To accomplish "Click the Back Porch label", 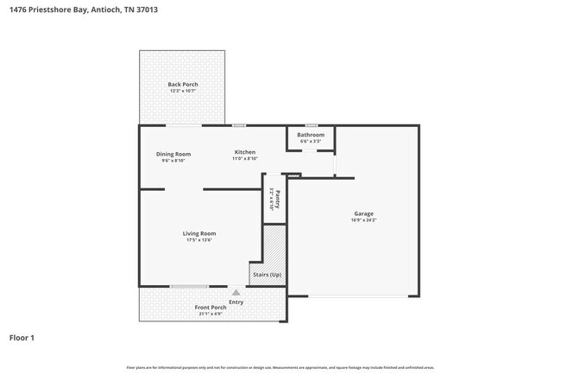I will point(182,84).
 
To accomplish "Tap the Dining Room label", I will point(173,154).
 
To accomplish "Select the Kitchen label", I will point(245,152).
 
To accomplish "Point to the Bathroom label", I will point(311,135).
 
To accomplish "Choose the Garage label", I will point(363,213).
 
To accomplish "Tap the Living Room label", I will point(199,233).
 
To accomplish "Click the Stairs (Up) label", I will point(266,275).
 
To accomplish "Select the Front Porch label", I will point(210,308).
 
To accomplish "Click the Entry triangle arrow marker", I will point(236,293).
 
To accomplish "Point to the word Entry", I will point(236,302).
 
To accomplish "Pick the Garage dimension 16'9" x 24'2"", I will point(363,220).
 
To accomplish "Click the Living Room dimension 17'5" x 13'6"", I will point(199,240).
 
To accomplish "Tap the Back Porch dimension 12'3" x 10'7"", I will point(182,91).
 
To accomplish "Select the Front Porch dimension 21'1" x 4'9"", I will point(210,315).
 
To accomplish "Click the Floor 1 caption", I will point(22,337).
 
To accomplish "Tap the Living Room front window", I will point(189,287).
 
